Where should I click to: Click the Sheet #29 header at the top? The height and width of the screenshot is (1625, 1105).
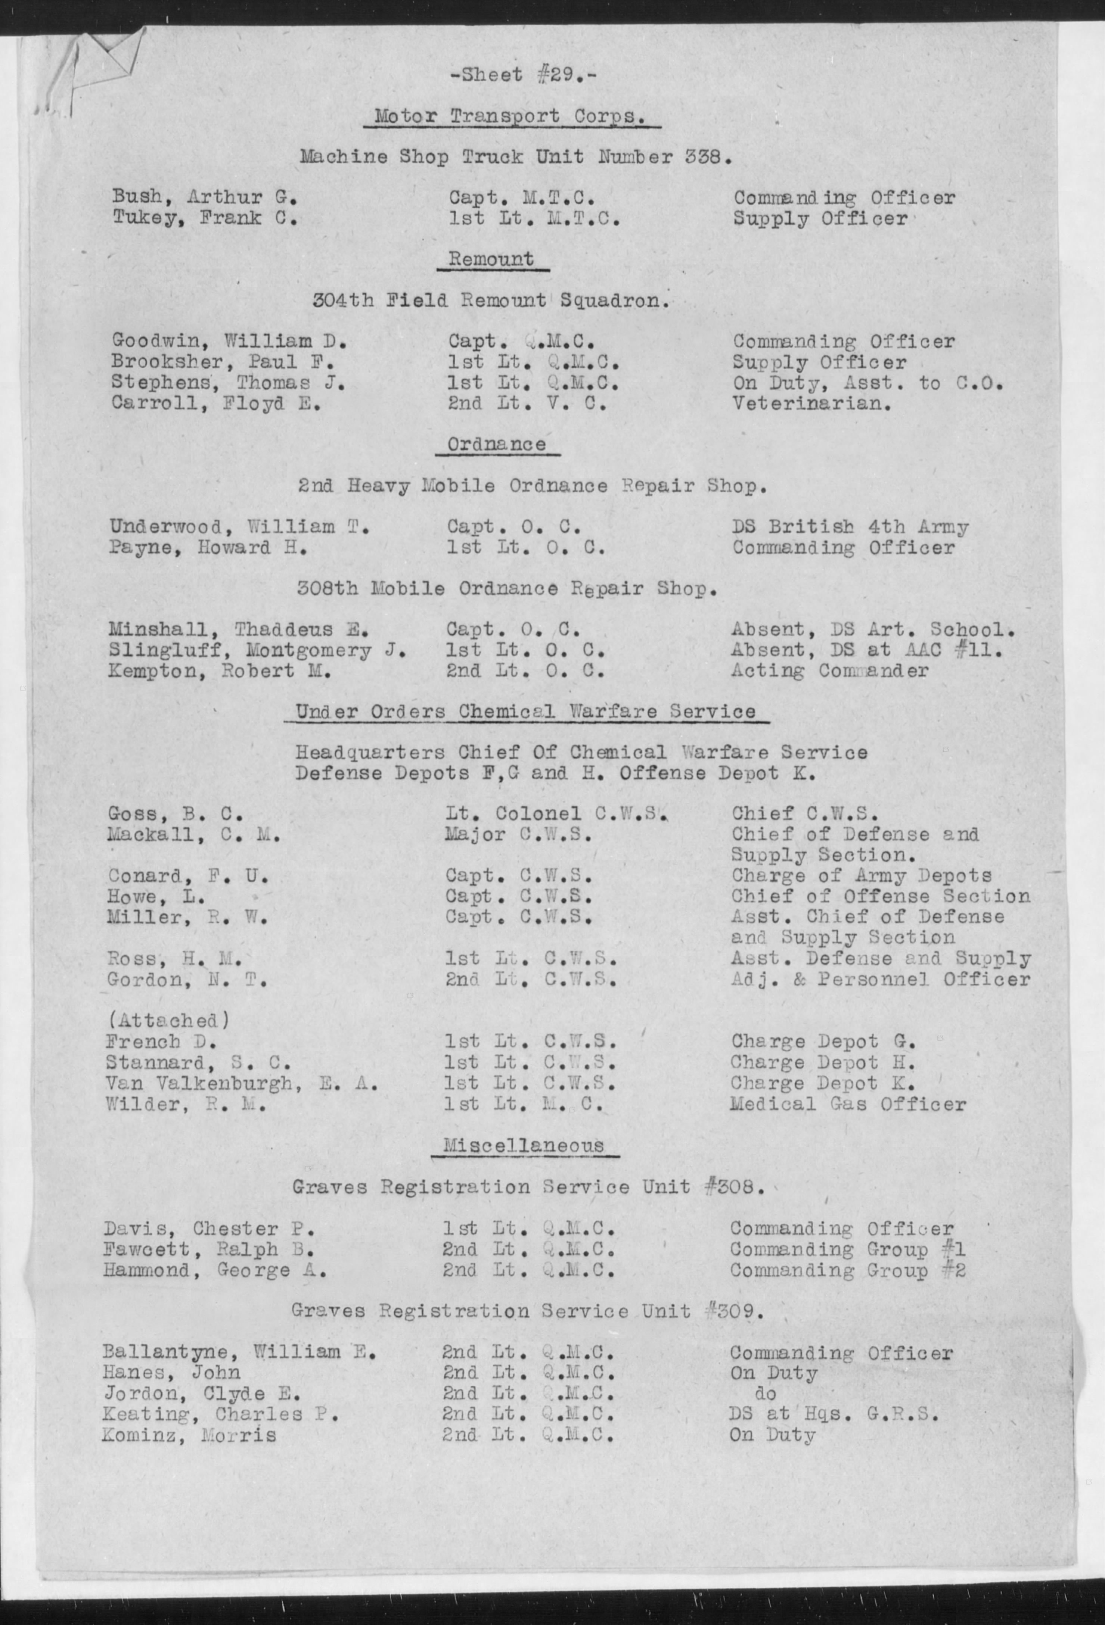pos(523,74)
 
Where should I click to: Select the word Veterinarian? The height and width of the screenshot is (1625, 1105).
pos(811,404)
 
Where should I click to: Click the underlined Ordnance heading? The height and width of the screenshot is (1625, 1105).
pos(497,445)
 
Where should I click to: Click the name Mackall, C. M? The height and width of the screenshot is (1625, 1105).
pos(194,834)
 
